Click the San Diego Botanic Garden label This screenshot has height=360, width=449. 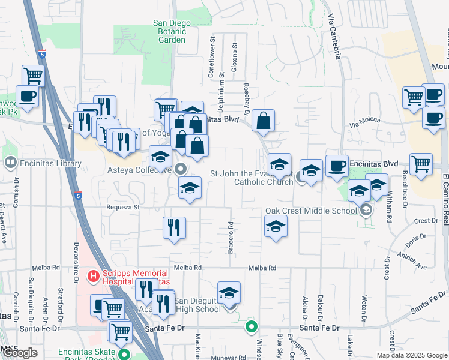[x=172, y=31]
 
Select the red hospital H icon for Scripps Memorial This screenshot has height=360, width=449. [x=93, y=277]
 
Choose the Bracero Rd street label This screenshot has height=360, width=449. [x=231, y=238]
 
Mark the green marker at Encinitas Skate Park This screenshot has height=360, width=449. [x=124, y=355]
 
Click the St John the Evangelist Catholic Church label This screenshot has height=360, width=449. [x=252, y=178]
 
